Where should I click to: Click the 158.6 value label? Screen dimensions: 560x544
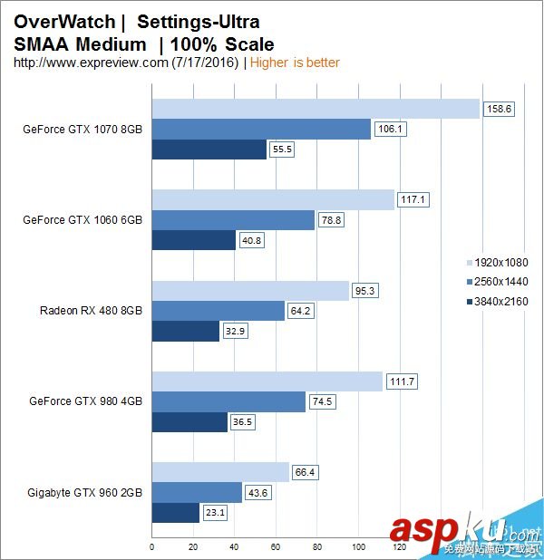point(498,109)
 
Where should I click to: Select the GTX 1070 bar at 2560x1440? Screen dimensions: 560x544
point(261,129)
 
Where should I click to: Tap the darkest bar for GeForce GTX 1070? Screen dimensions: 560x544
point(209,150)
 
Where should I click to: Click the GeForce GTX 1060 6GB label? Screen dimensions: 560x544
point(83,219)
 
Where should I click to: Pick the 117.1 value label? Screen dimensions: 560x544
point(413,199)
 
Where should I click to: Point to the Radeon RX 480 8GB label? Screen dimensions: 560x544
point(91,310)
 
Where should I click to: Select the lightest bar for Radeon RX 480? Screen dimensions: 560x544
point(250,290)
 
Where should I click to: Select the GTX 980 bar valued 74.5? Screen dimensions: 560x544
point(228,401)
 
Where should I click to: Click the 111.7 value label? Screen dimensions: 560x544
point(401,381)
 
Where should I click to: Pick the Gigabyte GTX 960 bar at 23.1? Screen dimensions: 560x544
point(175,513)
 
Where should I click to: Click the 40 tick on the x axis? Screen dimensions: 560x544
point(234,548)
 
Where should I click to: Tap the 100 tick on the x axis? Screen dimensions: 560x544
point(358,548)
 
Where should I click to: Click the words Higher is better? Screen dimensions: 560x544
point(295,63)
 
